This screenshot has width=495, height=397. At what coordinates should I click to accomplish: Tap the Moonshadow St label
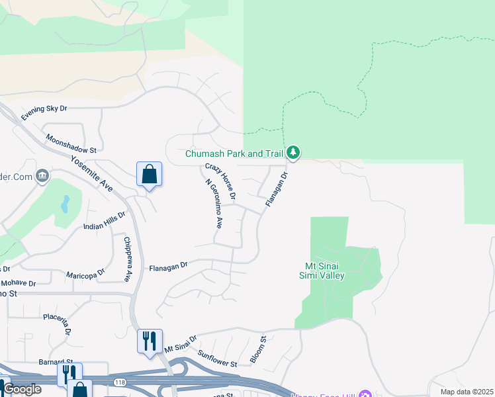pyautogui.click(x=71, y=146)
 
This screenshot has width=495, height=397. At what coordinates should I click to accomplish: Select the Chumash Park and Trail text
pyautogui.click(x=234, y=154)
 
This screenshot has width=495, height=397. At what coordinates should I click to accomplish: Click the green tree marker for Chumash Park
pyautogui.click(x=293, y=153)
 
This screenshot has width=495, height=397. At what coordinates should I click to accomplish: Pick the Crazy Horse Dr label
pyautogui.click(x=220, y=181)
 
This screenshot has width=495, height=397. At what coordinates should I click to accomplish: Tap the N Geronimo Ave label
pyautogui.click(x=213, y=204)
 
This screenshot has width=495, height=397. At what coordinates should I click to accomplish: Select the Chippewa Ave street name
pyautogui.click(x=128, y=259)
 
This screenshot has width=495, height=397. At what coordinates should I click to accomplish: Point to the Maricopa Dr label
pyautogui.click(x=85, y=273)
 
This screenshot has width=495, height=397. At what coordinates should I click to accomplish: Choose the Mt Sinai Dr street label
pyautogui.click(x=181, y=343)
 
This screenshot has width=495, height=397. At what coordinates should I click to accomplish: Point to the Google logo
pyautogui.click(x=22, y=389)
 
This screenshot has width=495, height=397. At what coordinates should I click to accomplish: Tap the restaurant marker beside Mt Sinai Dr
pyautogui.click(x=150, y=341)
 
